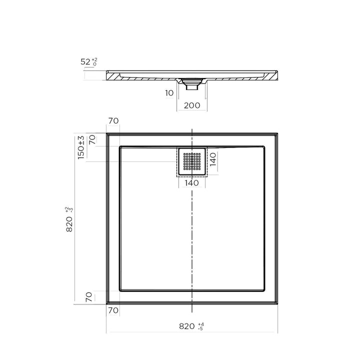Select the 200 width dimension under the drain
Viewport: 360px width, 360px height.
(x=192, y=105)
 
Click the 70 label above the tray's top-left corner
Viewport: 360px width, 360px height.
(x=113, y=121)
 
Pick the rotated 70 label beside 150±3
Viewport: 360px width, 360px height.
(x=91, y=140)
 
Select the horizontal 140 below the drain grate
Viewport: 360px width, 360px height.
(x=192, y=183)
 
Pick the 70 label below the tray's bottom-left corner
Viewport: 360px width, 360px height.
(x=113, y=310)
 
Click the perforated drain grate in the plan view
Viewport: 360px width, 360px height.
(x=192, y=161)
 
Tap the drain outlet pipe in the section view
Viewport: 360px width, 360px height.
(x=192, y=86)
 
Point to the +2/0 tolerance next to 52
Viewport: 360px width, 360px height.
(x=94, y=62)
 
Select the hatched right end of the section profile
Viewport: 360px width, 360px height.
(x=272, y=75)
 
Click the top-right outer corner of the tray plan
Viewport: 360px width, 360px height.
(x=277, y=133)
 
